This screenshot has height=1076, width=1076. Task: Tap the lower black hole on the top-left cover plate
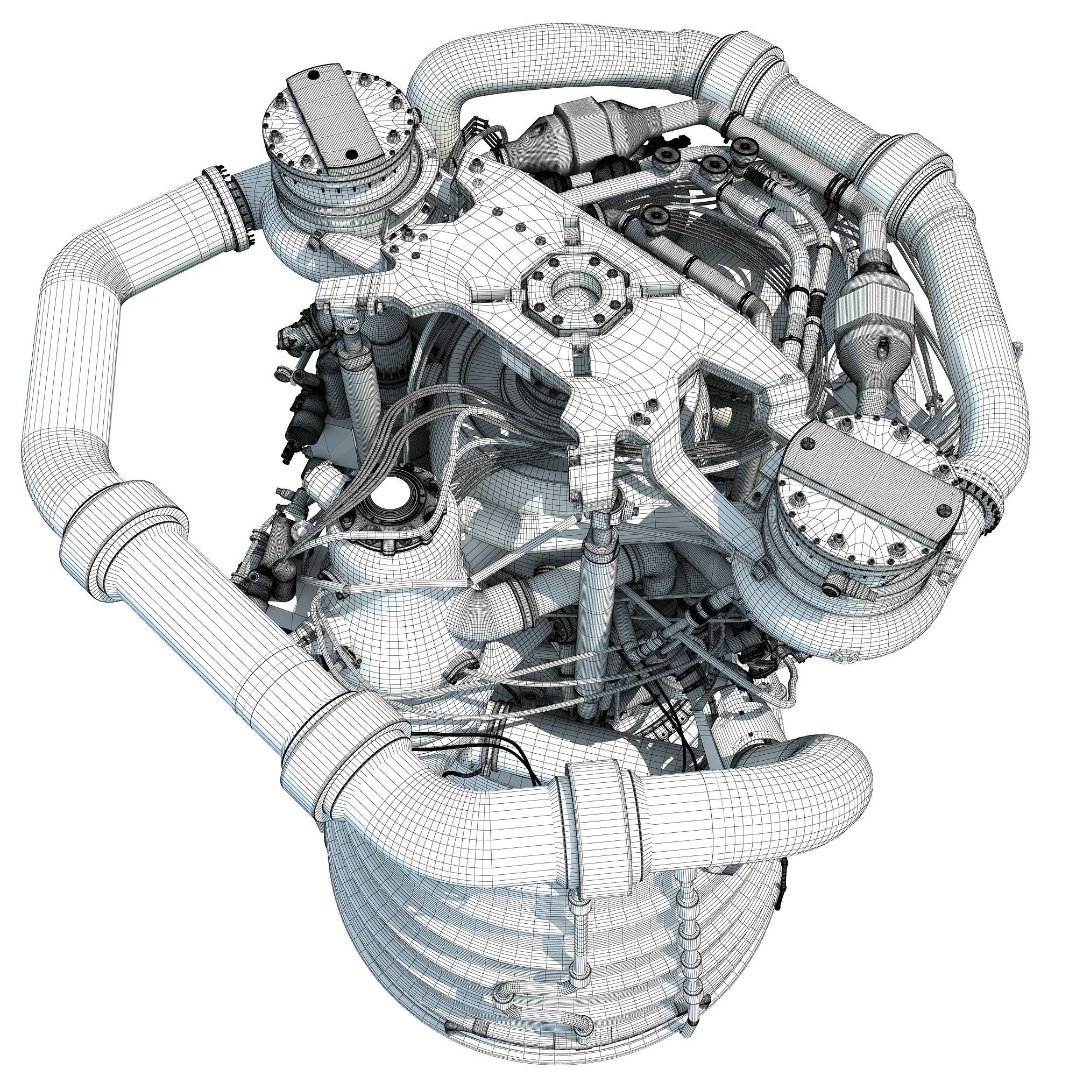(x=350, y=154)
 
